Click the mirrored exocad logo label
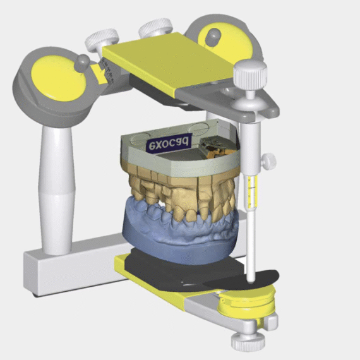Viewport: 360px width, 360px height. [x=169, y=142]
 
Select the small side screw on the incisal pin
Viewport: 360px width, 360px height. [x=268, y=162]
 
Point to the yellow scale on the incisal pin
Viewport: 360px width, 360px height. [x=253, y=191]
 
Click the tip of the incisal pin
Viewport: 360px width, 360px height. [x=251, y=280]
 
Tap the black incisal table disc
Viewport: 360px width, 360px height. [x=241, y=280]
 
